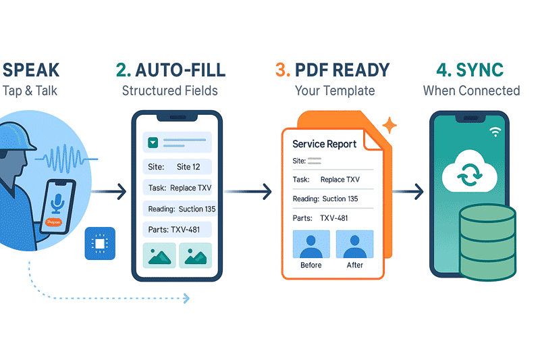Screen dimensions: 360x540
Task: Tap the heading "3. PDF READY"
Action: click(333, 70)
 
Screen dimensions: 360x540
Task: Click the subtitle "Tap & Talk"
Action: click(30, 91)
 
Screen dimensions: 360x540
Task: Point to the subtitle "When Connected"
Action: click(471, 91)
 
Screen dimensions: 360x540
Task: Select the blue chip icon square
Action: click(100, 243)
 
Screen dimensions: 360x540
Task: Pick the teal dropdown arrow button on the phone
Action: click(153, 143)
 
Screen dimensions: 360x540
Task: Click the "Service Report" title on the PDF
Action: click(325, 144)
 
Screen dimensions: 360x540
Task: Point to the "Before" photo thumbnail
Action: click(311, 245)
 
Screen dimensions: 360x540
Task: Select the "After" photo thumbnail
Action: click(354, 245)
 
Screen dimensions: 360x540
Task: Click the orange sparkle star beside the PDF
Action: click(389, 125)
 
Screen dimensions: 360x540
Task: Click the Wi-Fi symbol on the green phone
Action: click(495, 132)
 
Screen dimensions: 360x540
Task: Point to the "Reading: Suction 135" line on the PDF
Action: click(325, 199)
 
